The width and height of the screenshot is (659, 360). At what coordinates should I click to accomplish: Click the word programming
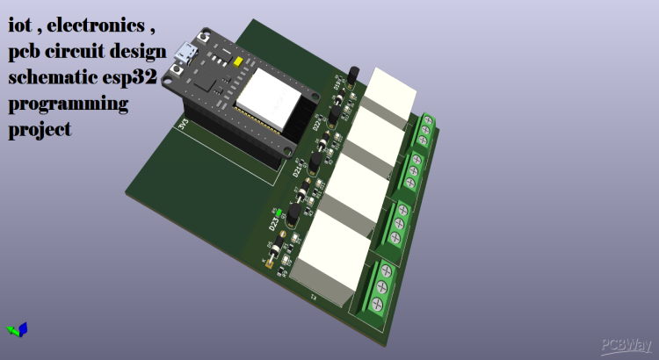point(68,105)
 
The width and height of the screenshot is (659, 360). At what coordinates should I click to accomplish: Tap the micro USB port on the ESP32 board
point(185,55)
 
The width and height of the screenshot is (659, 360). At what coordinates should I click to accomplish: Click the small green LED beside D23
point(279,212)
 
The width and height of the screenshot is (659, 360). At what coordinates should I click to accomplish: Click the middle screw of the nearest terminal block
point(382,288)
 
